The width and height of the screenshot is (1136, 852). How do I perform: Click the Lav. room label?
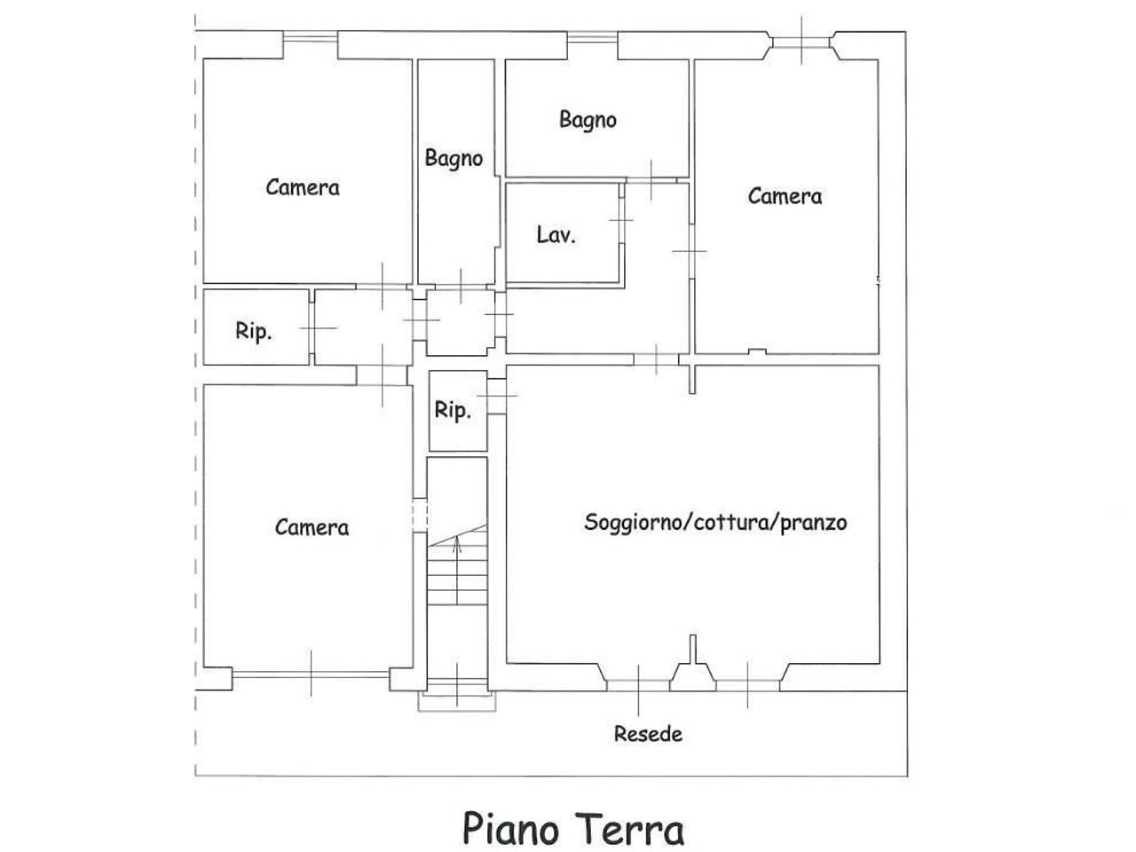pos(556,235)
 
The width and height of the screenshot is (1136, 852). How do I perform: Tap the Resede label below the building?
pos(649,734)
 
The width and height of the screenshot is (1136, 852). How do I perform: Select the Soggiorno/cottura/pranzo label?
pos(715,522)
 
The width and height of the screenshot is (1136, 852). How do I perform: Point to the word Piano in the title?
pos(510,829)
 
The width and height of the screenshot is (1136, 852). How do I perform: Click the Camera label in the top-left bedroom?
pos(303,187)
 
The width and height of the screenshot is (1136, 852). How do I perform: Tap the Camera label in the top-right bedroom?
pos(785,196)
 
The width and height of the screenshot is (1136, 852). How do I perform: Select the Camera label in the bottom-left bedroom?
pos(312,527)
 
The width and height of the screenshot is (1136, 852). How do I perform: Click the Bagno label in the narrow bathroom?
pos(454,159)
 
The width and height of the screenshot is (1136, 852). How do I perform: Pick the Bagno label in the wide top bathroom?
pos(588,119)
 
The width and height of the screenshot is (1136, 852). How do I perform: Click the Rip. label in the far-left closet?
pos(254,332)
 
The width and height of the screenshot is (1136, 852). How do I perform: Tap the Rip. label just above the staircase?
pos(453,411)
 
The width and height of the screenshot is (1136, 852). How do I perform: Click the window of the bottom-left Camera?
pos(311,674)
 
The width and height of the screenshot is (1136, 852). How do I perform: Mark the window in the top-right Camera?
pos(801,41)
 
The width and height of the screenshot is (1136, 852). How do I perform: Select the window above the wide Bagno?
pos(592,36)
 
